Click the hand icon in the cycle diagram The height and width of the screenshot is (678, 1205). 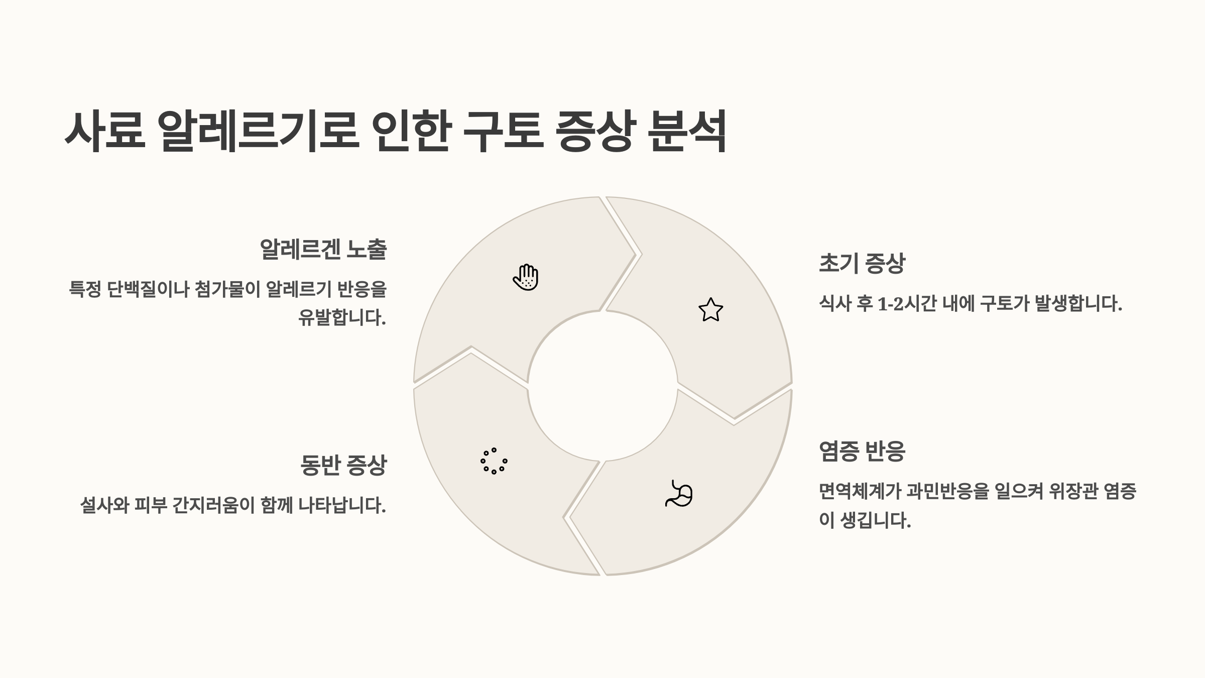point(526,277)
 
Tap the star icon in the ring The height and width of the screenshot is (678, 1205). point(710,310)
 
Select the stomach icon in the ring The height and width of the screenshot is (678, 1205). point(679,494)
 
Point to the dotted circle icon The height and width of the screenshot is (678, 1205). point(494,461)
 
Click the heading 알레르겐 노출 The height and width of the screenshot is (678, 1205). point(323,250)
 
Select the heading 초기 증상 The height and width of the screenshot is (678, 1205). point(862,263)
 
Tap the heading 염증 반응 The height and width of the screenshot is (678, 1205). point(862,451)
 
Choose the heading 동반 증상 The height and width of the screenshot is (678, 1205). point(343,465)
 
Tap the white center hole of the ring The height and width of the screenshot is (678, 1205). point(602,386)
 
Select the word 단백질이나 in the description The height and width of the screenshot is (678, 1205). point(148,289)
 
